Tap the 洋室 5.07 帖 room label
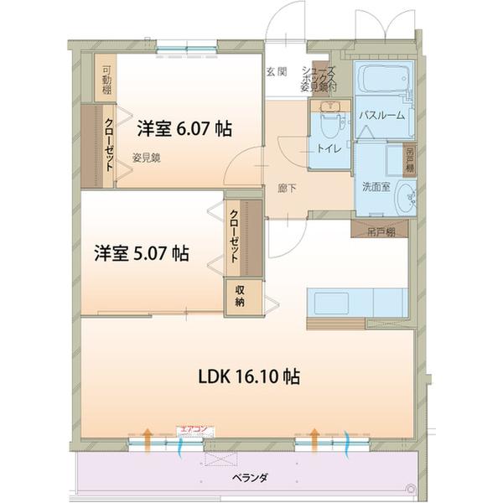coord(140,252)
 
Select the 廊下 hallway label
coord(286,188)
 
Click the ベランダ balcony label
coord(249,477)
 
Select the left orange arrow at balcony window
coord(147,437)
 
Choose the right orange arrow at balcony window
coord(314,437)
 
